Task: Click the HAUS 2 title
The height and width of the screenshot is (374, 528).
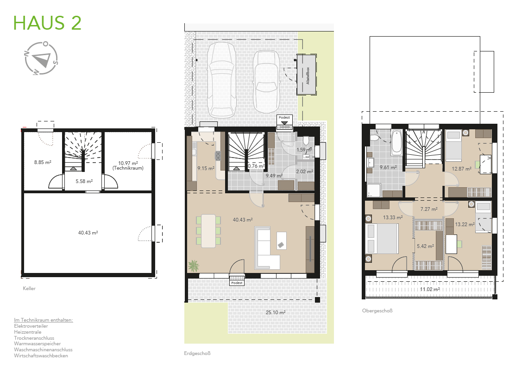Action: pyautogui.click(x=47, y=23)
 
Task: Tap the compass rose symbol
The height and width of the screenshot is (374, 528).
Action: pyautogui.click(x=41, y=58)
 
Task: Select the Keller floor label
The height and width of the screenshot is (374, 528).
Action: pyautogui.click(x=29, y=288)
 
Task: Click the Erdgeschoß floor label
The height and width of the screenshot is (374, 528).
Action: pyautogui.click(x=197, y=354)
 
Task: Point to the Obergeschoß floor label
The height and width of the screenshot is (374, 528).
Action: pyautogui.click(x=377, y=311)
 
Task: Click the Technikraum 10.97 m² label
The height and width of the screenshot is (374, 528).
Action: pyautogui.click(x=128, y=165)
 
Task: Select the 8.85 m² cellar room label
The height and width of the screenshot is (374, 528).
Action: pyautogui.click(x=43, y=162)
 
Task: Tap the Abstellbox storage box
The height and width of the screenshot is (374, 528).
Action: pyautogui.click(x=307, y=75)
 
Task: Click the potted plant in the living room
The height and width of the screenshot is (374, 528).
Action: pyautogui.click(x=194, y=266)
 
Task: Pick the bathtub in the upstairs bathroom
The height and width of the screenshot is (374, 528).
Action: pyautogui.click(x=396, y=142)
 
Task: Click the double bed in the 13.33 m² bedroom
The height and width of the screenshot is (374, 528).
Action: pyautogui.click(x=382, y=239)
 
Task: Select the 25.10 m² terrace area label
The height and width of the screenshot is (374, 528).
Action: pyautogui.click(x=276, y=312)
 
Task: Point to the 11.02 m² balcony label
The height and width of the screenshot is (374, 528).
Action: pyautogui.click(x=430, y=289)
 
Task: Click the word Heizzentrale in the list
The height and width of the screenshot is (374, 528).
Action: pyautogui.click(x=28, y=332)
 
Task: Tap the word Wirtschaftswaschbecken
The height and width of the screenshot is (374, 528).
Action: pyautogui.click(x=41, y=355)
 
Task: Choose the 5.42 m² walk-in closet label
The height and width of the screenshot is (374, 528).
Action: pyautogui.click(x=425, y=246)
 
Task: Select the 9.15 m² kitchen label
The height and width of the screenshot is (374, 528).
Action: pyautogui.click(x=206, y=168)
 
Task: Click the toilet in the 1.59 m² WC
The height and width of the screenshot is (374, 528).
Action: pyautogui.click(x=306, y=140)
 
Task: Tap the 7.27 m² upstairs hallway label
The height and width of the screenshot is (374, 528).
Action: pyautogui.click(x=429, y=209)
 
